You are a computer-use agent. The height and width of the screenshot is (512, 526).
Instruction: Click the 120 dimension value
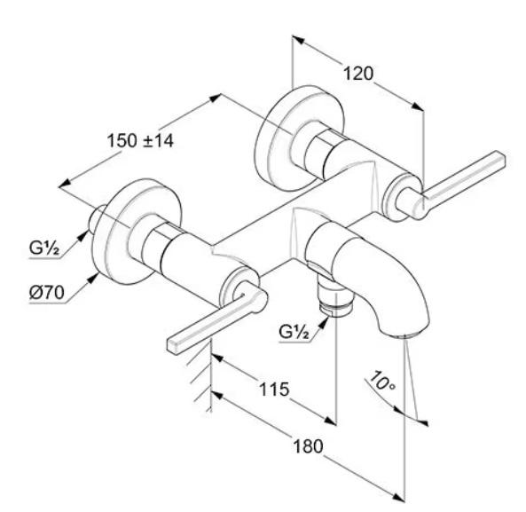[358, 74]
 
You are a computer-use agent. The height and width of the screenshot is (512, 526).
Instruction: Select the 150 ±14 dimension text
[140, 140]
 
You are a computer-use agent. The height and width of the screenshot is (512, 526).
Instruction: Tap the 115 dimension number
[274, 390]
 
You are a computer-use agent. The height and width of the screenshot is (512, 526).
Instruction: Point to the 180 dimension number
[308, 446]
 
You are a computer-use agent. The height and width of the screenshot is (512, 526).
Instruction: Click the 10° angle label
[382, 381]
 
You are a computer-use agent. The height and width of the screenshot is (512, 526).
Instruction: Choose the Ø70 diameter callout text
[47, 293]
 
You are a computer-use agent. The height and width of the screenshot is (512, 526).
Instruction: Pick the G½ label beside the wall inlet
[44, 248]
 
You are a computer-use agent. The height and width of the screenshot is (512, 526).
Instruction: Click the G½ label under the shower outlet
[294, 332]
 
